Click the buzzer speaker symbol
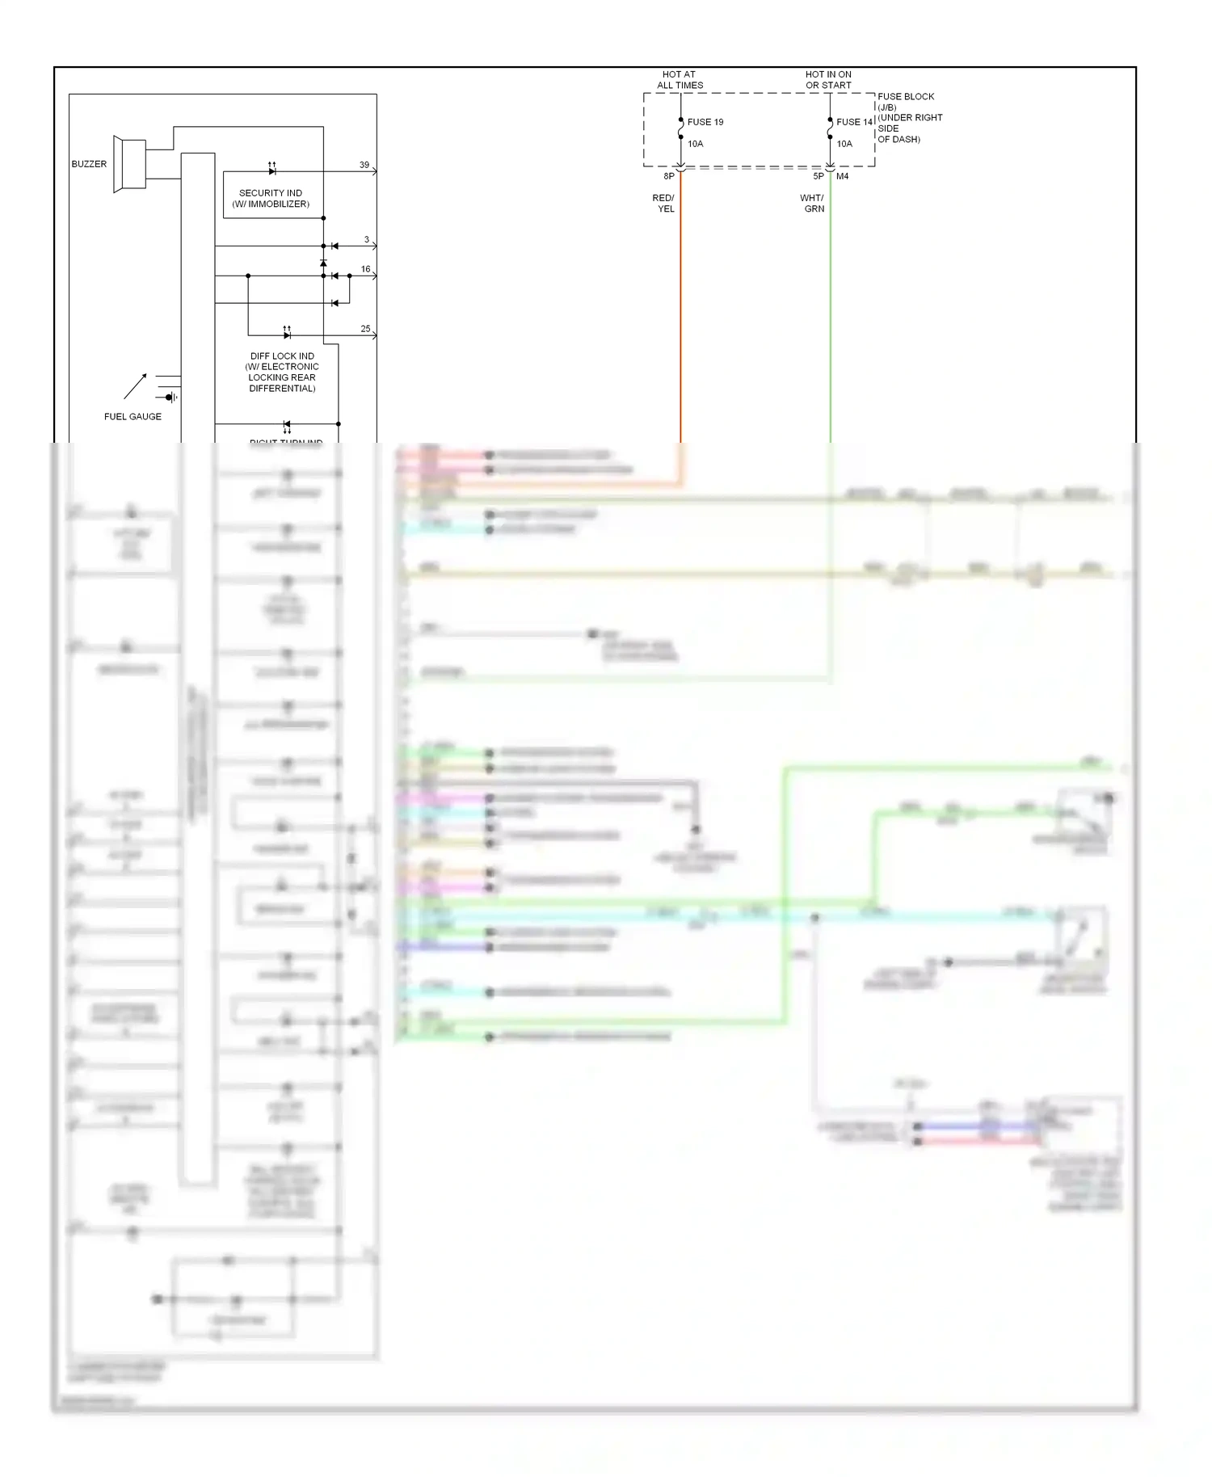coord(129,164)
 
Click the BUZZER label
coord(89,164)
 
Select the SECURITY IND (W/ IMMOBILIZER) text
coord(271,199)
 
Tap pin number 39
coord(364,165)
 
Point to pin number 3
coord(367,240)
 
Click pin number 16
coord(366,269)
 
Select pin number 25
coord(366,329)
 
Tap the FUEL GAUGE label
coord(133,417)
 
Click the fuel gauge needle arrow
coord(136,386)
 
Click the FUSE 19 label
coord(705,122)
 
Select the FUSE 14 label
coord(854,122)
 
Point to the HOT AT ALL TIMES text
coord(680,79)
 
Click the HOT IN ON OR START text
coord(828,79)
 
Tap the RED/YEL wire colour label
coord(663,203)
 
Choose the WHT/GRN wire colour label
coord(812,203)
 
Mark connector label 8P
coord(669,176)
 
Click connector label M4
coord(843,176)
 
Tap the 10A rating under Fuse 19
coord(696,144)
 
